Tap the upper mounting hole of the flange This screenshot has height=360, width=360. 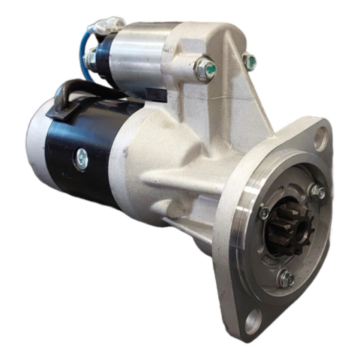pyautogui.click(x=320, y=137)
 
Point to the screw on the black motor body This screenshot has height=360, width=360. pyautogui.click(x=80, y=157)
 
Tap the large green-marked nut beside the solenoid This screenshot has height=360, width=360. pyautogui.click(x=205, y=69)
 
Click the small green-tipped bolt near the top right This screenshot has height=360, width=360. pyautogui.click(x=250, y=61)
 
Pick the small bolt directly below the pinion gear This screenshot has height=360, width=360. pyautogui.click(x=286, y=278)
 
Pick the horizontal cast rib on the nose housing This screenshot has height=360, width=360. pyautogui.click(x=180, y=179)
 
